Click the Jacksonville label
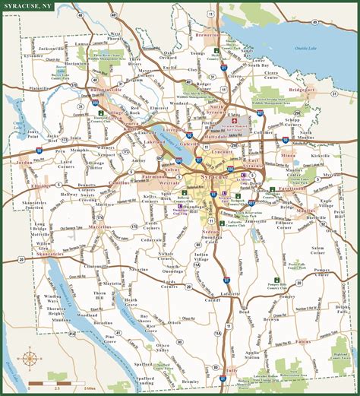point(71,46)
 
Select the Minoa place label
point(288,154)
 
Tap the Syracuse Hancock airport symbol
point(235,121)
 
